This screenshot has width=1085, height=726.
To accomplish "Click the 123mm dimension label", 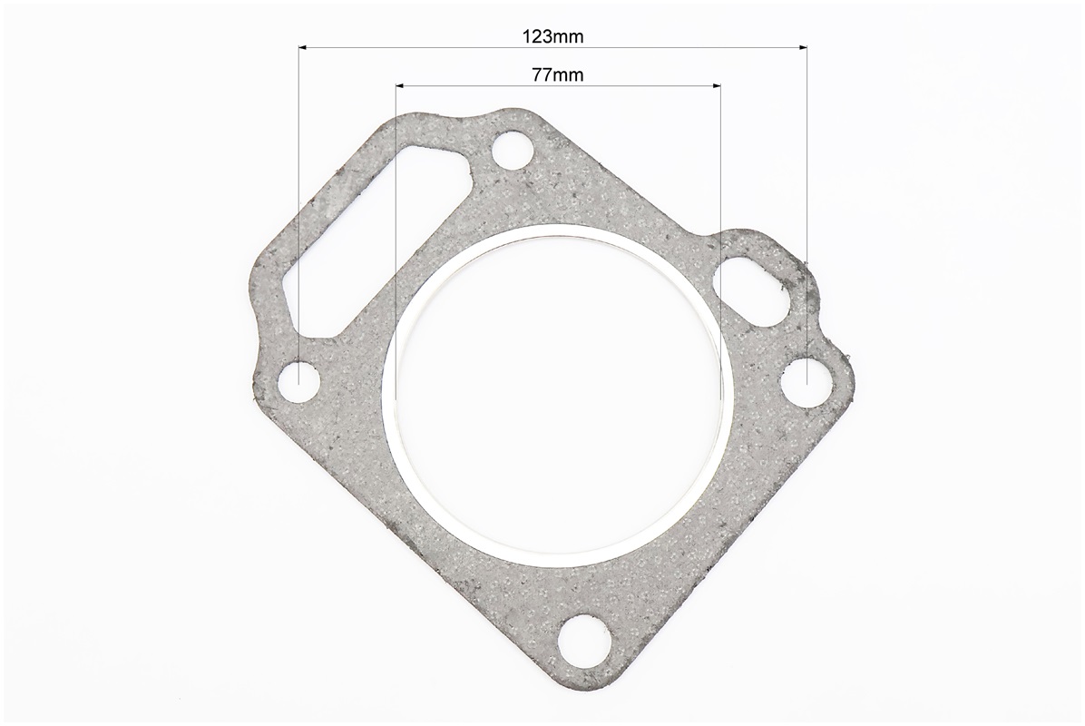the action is point(552,36).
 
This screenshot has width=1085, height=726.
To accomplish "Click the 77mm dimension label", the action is point(558,74).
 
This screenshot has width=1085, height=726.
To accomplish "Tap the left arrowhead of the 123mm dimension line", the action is point(302,47).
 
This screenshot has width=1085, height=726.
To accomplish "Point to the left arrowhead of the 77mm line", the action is point(399,85).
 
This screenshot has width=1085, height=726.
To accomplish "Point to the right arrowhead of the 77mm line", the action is point(717,85).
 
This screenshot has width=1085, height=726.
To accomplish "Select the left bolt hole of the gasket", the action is point(299,381).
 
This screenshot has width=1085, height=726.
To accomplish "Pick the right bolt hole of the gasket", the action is point(806,380).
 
